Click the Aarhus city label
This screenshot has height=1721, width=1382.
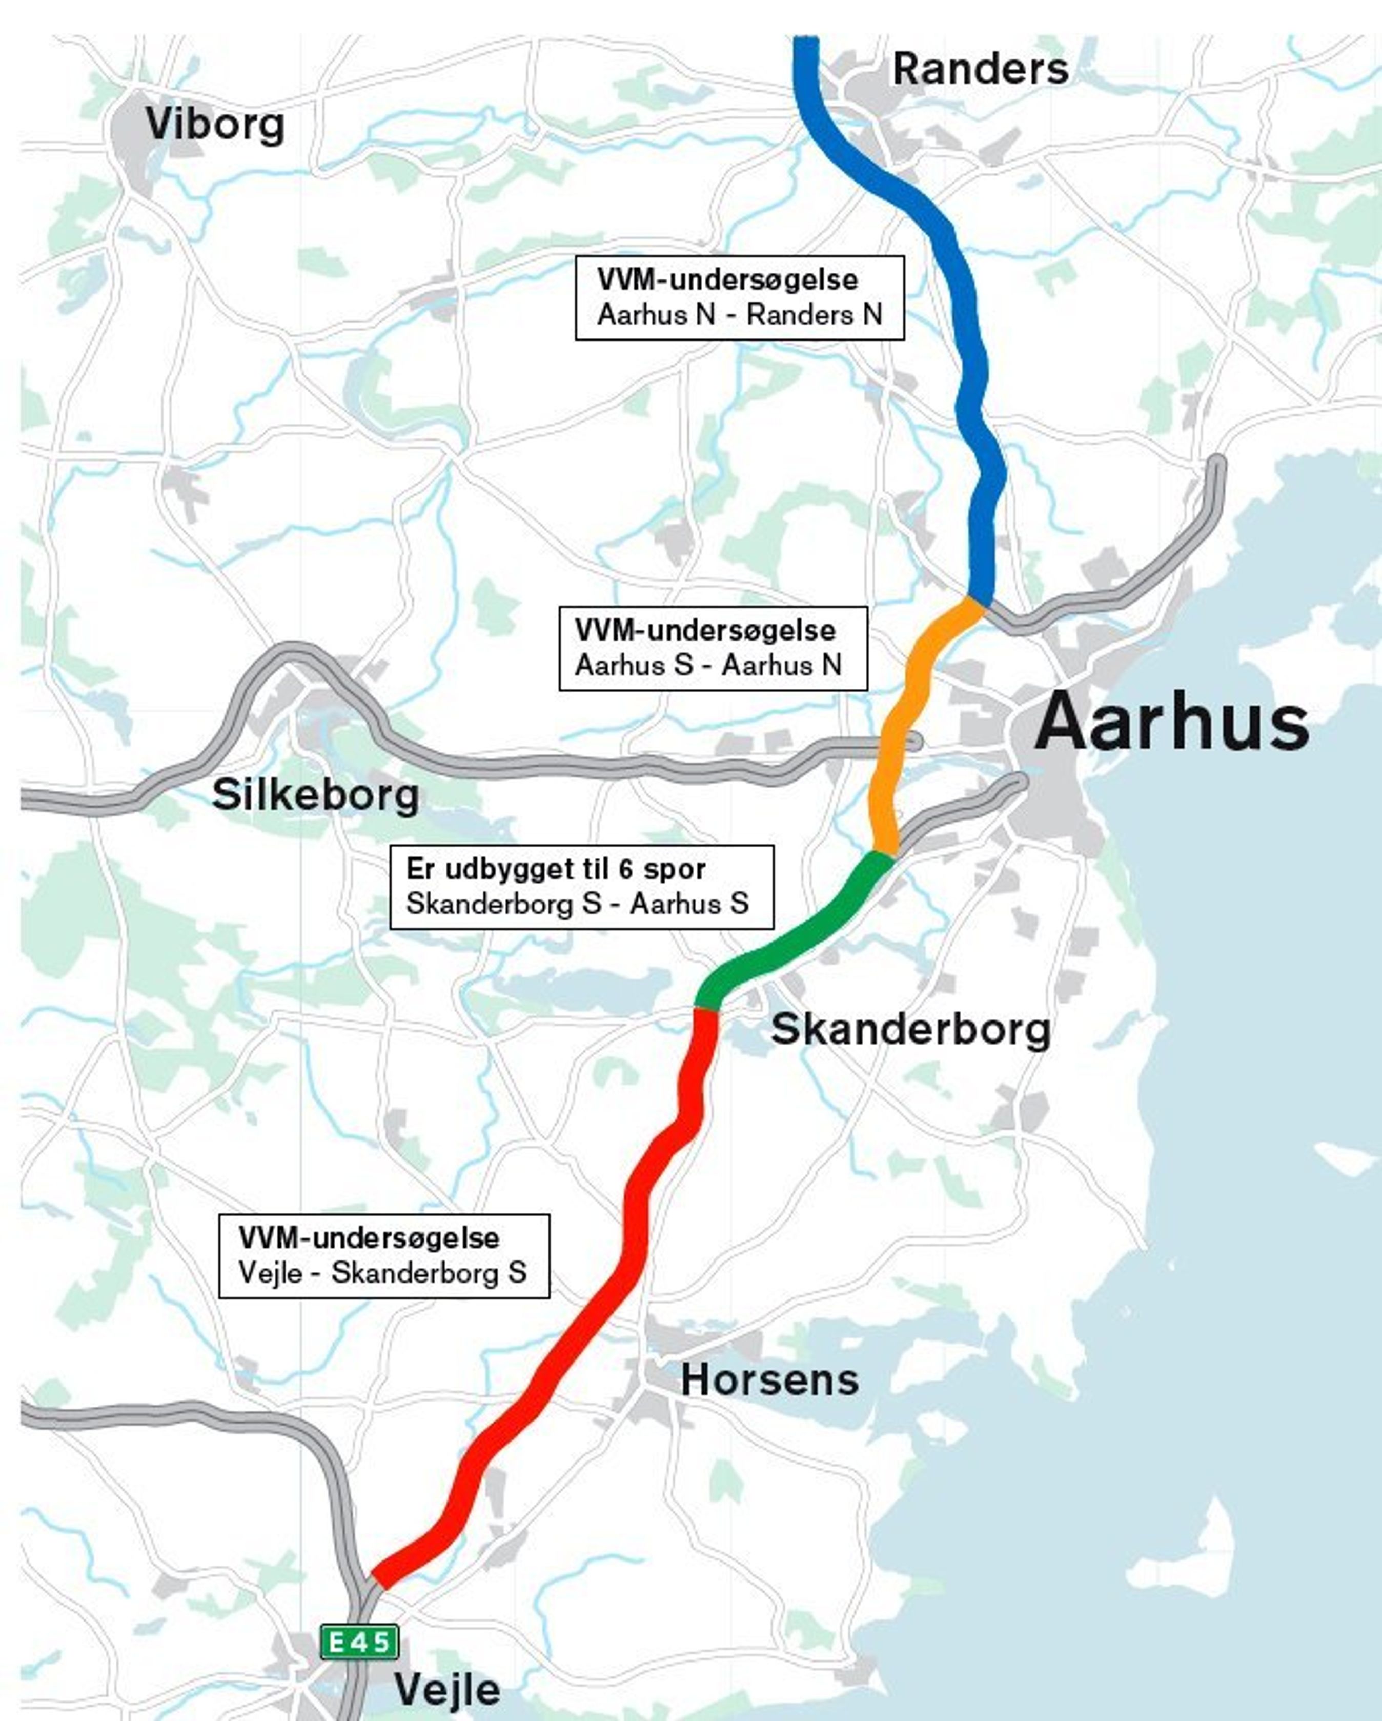1171,723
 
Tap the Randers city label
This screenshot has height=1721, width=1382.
980,69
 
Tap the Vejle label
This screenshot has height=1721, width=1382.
448,1689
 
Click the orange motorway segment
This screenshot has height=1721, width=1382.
900,734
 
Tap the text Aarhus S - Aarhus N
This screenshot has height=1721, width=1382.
708,666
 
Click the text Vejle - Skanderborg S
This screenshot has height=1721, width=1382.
382,1272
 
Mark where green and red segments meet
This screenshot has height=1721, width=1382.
706,1008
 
